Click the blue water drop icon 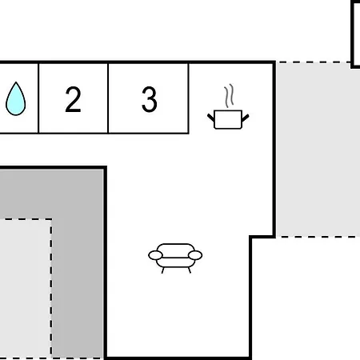pyautogui.click(x=16, y=99)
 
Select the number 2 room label pyautogui.click(x=73, y=99)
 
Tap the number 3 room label pyautogui.click(x=150, y=99)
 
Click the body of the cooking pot pyautogui.click(x=228, y=119)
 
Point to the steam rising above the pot pyautogui.click(x=229, y=95)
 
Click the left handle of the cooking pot pyautogui.click(x=210, y=118)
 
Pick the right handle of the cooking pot pyautogui.click(x=246, y=118)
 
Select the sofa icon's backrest pyautogui.click(x=175, y=250)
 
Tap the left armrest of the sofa pyautogui.click(x=155, y=255)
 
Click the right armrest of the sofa pyautogui.click(x=195, y=255)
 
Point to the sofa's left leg pyautogui.click(x=162, y=270)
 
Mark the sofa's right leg pyautogui.click(x=190, y=270)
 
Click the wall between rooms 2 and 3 pyautogui.click(x=108, y=98)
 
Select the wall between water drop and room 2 pyautogui.click(x=38, y=98)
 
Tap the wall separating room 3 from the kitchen pyautogui.click(x=189, y=98)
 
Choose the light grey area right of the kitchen pyautogui.click(x=318, y=150)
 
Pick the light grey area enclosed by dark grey pyautogui.click(x=26, y=288)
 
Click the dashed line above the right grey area pyautogui.click(x=314, y=62)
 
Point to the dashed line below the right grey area pyautogui.click(x=318, y=237)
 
